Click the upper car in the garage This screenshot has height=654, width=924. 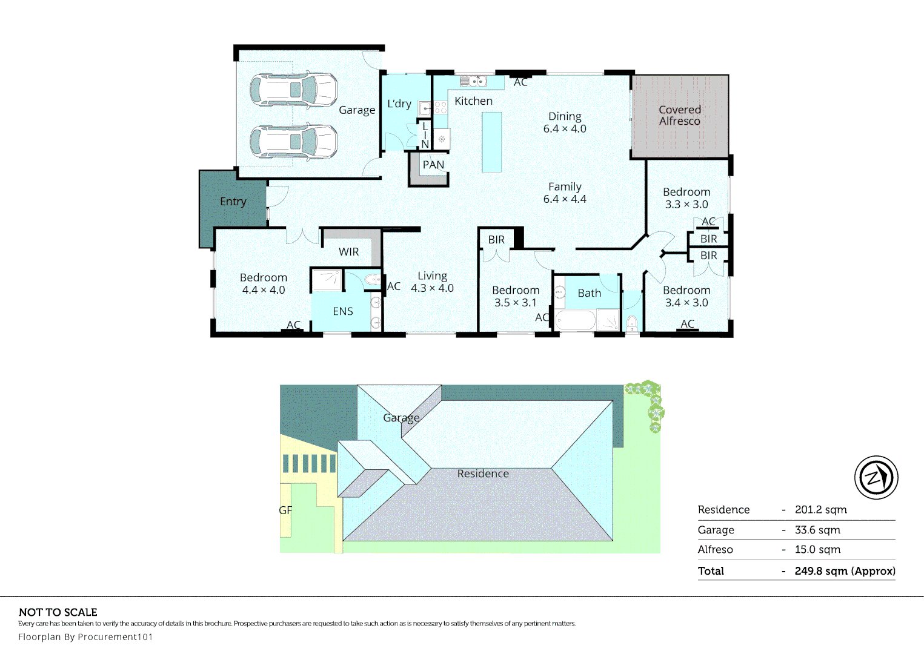tap(294, 90)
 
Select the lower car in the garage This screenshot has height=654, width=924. tap(294, 142)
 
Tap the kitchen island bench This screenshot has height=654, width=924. tap(492, 142)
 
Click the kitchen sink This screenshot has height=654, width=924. tap(473, 81)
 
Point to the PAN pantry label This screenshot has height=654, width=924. tap(433, 165)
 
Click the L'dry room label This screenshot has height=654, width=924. tap(399, 104)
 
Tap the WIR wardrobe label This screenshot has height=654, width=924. tap(348, 251)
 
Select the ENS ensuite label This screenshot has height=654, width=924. tap(343, 311)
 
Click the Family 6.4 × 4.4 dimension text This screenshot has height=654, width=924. tap(565, 193)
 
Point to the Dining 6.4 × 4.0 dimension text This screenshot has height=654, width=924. tap(565, 122)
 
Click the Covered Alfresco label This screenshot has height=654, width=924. tap(679, 116)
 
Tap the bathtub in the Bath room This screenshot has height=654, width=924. tap(576, 320)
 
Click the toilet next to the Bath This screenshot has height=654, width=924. tap(631, 323)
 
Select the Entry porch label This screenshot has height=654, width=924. tap(233, 202)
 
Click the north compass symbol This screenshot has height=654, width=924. tap(876, 478)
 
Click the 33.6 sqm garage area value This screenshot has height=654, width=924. tap(817, 530)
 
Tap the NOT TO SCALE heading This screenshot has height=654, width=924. tap(58, 612)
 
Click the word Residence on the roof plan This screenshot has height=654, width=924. tap(483, 474)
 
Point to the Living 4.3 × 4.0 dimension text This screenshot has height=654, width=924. tap(432, 282)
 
